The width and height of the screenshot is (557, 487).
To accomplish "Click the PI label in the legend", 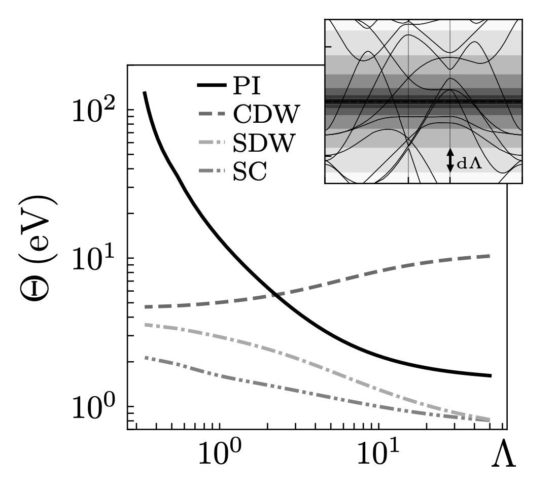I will (247, 87).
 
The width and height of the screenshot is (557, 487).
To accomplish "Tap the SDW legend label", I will (263, 145).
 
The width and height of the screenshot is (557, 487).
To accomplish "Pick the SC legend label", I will (250, 173).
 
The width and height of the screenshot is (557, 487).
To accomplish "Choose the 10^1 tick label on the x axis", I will (378, 454).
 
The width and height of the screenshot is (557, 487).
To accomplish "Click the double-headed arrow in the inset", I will (450, 160).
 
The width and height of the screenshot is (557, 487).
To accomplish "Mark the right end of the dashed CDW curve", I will (490, 255).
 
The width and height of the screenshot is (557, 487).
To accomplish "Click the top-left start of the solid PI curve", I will (145, 92).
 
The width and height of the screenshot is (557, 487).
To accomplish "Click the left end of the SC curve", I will (145, 358).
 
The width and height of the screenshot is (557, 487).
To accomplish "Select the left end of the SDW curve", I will (145, 324).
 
